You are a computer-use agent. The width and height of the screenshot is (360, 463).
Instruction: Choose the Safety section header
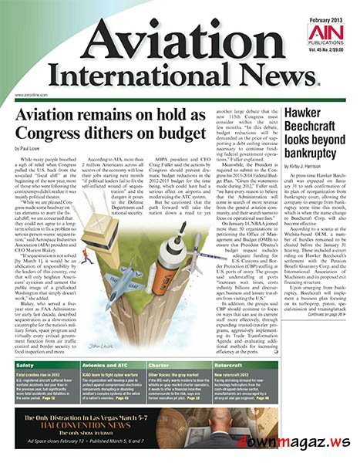pos(25,364)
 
